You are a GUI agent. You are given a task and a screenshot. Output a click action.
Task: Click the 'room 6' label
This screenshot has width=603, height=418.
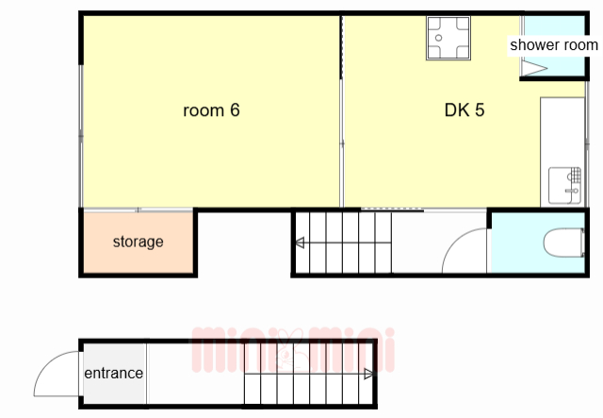(x=211, y=110)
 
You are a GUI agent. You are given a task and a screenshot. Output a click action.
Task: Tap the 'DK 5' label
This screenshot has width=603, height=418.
(x=464, y=110)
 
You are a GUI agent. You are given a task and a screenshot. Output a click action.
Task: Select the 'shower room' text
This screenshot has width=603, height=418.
(x=554, y=45)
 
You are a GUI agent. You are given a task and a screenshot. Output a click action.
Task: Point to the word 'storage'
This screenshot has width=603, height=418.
(x=139, y=242)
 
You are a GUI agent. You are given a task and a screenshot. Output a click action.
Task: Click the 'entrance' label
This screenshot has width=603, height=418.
(x=113, y=373)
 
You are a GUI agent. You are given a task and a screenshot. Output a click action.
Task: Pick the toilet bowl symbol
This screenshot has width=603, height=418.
(x=564, y=242)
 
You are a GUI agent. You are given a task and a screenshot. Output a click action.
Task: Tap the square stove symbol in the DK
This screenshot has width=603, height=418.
(x=448, y=38)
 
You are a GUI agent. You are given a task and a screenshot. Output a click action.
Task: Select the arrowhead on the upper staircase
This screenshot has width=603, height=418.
(x=300, y=242)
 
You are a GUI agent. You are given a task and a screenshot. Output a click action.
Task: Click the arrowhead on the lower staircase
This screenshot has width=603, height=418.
(x=368, y=374)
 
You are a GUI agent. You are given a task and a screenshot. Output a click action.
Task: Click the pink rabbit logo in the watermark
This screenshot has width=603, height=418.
(x=287, y=350)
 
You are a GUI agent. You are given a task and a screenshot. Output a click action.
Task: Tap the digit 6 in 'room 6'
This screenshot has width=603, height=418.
(x=235, y=110)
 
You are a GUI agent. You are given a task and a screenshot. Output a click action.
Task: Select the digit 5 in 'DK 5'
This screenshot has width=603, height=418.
(x=480, y=110)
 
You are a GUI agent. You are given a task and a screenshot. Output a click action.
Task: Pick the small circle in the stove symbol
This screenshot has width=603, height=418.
(x=438, y=38)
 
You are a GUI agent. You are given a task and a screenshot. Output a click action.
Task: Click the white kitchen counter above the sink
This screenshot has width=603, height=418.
(x=562, y=132)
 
